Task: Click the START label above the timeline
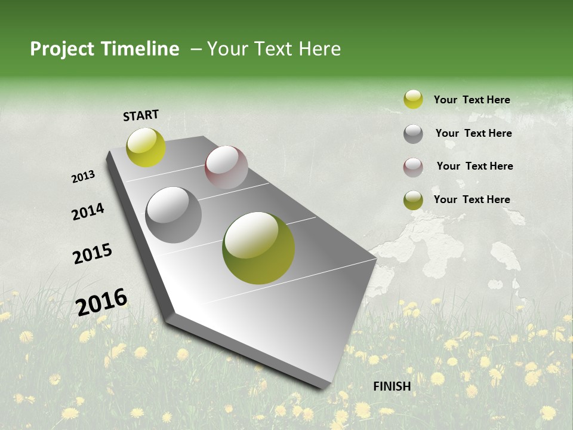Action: pos(141,115)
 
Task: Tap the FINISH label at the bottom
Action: pos(392,386)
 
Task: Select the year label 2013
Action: pos(83,177)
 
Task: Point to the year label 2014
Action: pos(88,212)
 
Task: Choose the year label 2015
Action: pos(93,254)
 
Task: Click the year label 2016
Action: pos(101,302)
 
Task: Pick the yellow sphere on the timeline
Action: pos(146,148)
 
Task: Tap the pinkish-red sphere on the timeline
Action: pos(226,167)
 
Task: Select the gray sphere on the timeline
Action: pos(174,215)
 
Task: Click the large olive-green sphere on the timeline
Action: pos(258,248)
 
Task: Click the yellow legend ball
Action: pos(413,100)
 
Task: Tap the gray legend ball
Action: pos(413,134)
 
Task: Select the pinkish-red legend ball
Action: pos(413,167)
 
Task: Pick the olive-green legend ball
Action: pos(413,200)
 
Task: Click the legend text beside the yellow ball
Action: pos(472,100)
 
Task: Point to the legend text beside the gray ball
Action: pos(473,133)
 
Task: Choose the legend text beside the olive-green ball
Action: pos(472,199)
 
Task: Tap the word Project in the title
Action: pos(62,49)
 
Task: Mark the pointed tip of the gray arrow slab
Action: pos(325,387)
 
